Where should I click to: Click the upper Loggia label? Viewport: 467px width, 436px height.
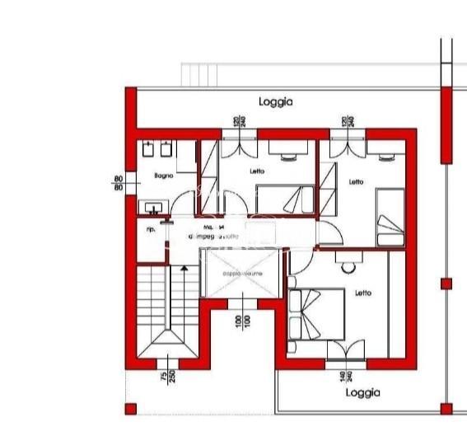[x=275, y=102]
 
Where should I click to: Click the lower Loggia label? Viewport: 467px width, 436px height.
[x=362, y=393]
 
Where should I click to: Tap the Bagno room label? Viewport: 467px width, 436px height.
[x=161, y=176]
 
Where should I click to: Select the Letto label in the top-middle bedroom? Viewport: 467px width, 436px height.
[x=258, y=171]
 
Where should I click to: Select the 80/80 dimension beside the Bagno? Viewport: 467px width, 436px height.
[x=119, y=182]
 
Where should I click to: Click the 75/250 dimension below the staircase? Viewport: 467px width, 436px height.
[x=168, y=376]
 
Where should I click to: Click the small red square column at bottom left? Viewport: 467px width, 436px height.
[x=130, y=408]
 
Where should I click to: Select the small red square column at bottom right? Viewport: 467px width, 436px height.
[x=446, y=408]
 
